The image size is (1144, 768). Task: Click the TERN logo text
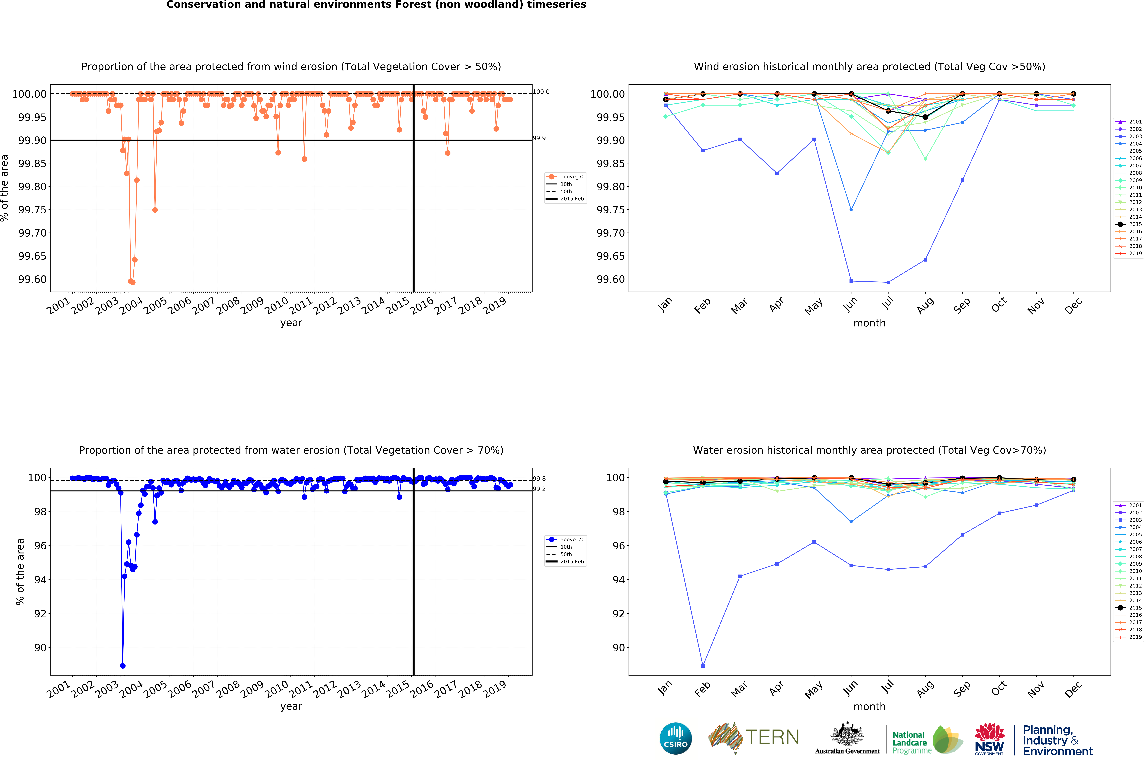tap(772, 737)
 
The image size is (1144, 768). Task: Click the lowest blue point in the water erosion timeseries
tap(123, 666)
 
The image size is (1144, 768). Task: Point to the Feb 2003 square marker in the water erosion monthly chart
tap(703, 666)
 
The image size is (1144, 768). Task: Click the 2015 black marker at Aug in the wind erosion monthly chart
tap(925, 117)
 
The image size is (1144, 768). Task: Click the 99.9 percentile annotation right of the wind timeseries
tap(539, 138)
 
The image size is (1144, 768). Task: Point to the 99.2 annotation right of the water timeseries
tap(539, 489)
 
